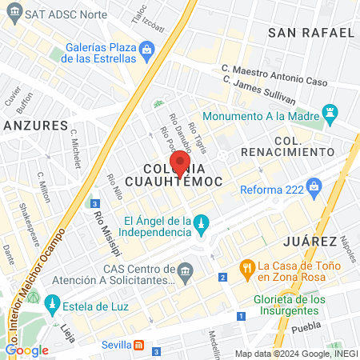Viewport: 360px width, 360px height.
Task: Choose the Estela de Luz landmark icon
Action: tap(53, 304)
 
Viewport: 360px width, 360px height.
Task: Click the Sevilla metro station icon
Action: tap(139, 345)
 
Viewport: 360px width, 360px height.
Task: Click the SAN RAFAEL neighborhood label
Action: tap(311, 33)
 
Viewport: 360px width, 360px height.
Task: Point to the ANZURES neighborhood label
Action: tap(34, 126)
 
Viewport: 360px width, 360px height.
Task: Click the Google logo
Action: tap(26, 350)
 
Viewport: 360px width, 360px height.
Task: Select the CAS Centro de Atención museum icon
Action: tap(186, 273)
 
